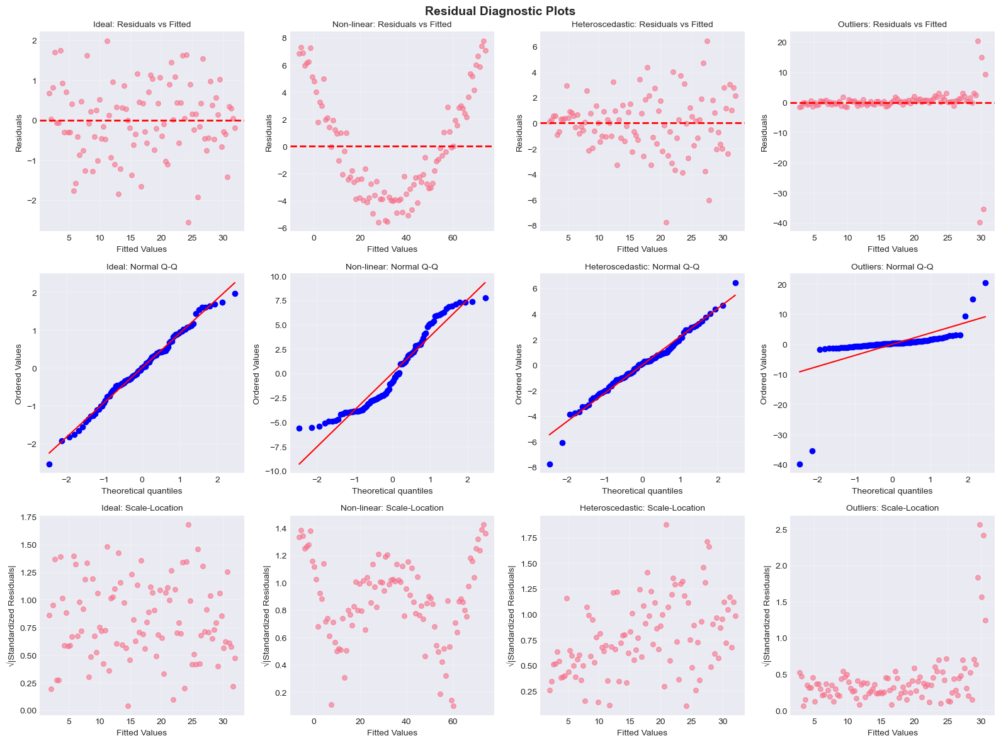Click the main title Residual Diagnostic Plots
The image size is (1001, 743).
[500, 11]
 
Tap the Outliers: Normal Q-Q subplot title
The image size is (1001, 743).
[892, 266]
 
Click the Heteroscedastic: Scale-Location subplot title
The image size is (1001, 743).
[642, 508]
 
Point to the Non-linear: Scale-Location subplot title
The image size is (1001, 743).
[392, 508]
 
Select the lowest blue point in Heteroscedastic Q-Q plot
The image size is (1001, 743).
[550, 464]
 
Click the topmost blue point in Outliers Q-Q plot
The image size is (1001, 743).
[985, 283]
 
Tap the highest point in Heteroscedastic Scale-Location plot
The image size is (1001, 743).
[666, 525]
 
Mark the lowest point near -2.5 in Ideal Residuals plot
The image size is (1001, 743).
[188, 222]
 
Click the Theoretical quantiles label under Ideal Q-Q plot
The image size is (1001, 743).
[142, 491]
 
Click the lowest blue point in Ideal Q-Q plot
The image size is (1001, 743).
[49, 464]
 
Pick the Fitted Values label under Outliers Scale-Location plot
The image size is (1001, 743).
[892, 732]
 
